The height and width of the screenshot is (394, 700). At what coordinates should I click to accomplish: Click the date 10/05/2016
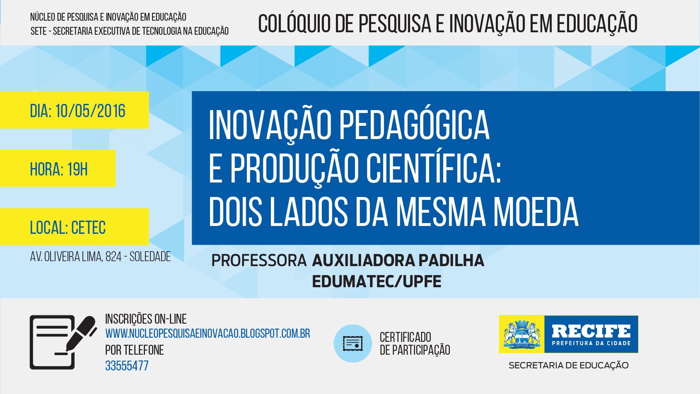[90, 111]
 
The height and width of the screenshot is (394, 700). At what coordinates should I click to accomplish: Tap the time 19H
[77, 169]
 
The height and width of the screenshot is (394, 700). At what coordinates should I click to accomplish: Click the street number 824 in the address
[113, 257]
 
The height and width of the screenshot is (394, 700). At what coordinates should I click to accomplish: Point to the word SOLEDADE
[150, 257]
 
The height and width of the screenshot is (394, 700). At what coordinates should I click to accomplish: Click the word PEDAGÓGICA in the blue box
[414, 125]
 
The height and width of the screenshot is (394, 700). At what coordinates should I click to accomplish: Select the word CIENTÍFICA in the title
[433, 168]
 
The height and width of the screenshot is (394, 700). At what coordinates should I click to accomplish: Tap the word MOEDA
[536, 211]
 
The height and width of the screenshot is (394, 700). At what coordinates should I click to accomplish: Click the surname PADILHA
[451, 260]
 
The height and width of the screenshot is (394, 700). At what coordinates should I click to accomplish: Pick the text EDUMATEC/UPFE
[377, 281]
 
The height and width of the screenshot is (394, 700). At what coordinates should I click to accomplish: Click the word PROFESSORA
[259, 261]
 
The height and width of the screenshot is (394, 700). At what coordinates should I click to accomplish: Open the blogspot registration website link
[208, 334]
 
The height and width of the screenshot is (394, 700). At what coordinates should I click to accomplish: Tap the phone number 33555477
[127, 365]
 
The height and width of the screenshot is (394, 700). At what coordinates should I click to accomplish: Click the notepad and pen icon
[63, 342]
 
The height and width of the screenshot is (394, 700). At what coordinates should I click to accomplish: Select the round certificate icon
[353, 344]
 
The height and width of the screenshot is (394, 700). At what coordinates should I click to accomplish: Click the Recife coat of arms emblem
[521, 334]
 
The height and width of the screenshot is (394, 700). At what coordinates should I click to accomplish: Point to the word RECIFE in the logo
[591, 331]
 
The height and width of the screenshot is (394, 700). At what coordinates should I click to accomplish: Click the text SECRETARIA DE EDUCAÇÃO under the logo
[568, 365]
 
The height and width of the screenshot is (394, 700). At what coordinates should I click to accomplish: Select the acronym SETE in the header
[39, 31]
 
